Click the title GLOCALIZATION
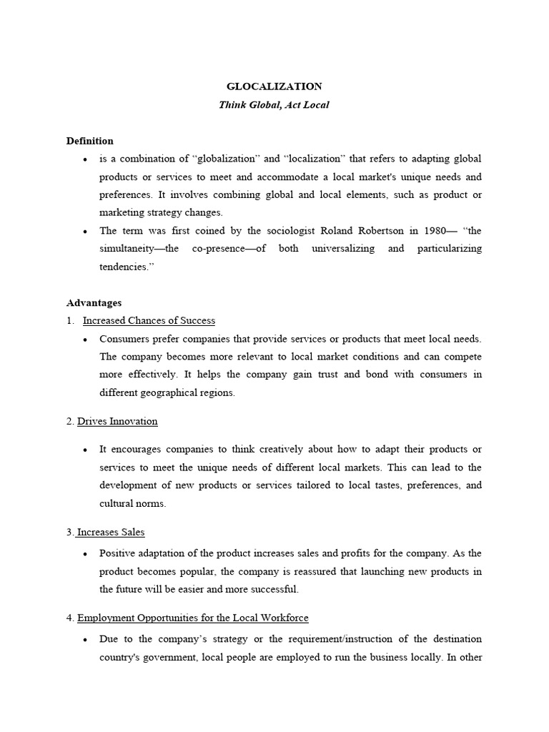click(x=274, y=86)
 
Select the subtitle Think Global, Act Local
click(x=274, y=105)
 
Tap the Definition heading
click(x=89, y=141)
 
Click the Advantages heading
click(x=94, y=303)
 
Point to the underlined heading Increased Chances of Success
click(x=149, y=321)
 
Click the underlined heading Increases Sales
click(x=111, y=533)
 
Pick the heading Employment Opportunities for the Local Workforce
click(x=192, y=618)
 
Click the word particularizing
click(x=445, y=248)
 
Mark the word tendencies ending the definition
click(x=125, y=266)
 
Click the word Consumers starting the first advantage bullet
click(x=125, y=339)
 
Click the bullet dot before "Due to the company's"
click(x=86, y=640)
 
